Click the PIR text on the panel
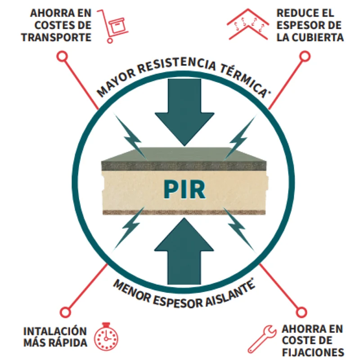pos(184,189)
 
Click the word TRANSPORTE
pos(57,37)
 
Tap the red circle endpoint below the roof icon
pos(305,56)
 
